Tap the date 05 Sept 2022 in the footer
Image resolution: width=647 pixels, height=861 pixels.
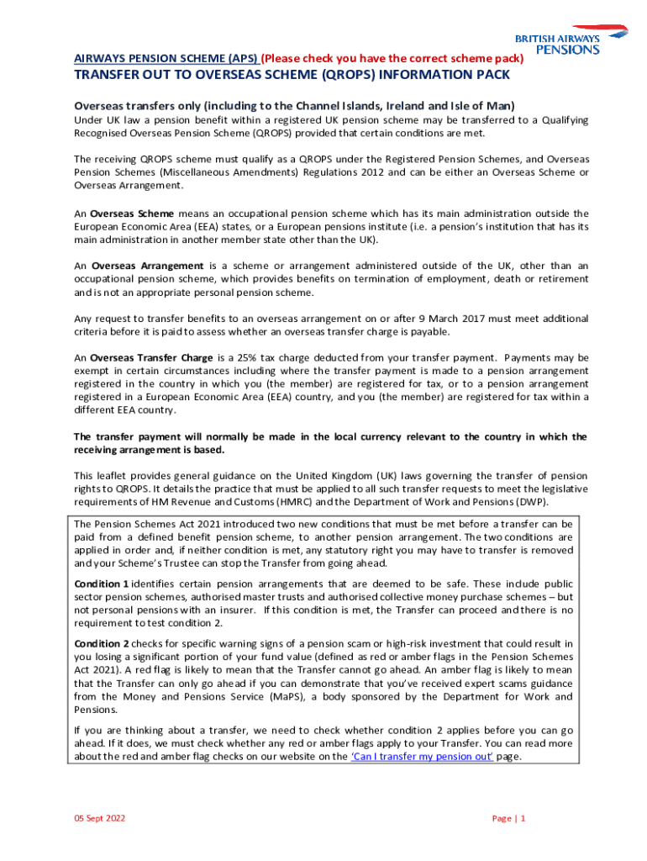(x=100, y=818)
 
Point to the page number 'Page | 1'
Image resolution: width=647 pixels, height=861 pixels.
(x=508, y=818)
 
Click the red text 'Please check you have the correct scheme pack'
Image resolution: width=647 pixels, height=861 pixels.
(x=394, y=58)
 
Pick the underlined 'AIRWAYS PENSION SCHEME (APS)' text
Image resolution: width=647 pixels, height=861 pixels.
(x=166, y=58)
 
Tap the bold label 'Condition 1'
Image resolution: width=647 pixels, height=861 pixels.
(x=102, y=584)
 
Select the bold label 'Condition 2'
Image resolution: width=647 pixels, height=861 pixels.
(x=102, y=643)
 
